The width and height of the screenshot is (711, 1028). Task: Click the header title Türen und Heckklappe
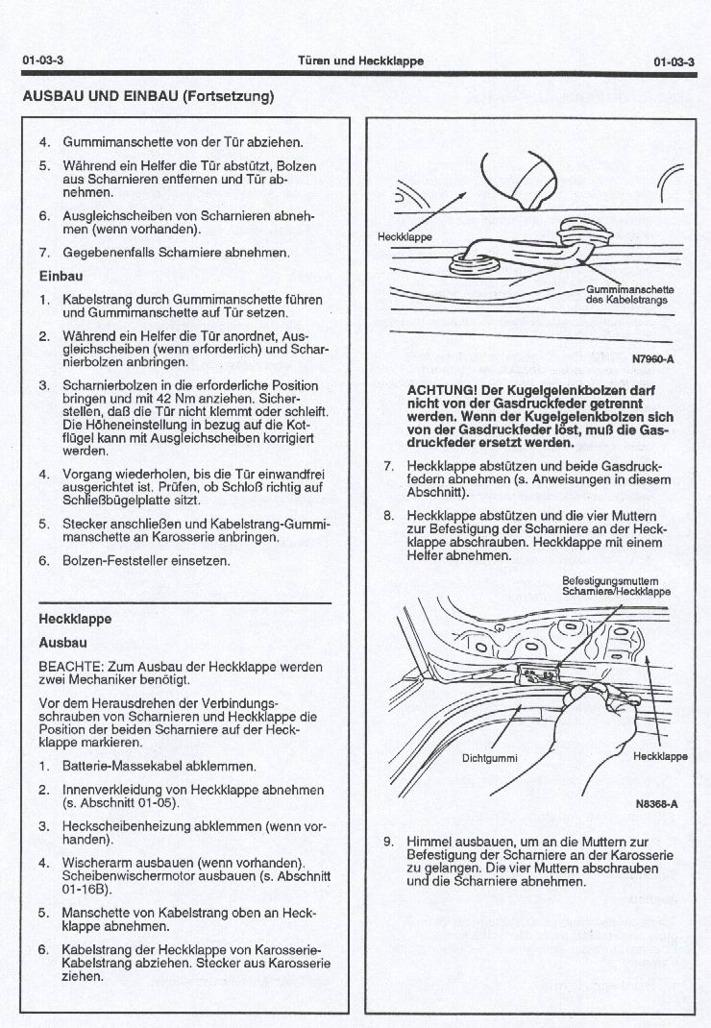360,61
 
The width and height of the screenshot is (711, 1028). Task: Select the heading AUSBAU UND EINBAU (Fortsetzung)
148,96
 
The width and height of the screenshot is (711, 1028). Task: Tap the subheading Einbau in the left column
60,277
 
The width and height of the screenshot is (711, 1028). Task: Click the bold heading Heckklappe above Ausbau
75,619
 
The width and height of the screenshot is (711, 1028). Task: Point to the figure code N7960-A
654,360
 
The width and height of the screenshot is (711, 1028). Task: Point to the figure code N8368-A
656,805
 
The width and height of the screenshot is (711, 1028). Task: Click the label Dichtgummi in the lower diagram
490,758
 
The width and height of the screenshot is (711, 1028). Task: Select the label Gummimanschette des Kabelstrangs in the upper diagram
629,294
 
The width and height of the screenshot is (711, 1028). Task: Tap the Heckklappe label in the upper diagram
405,235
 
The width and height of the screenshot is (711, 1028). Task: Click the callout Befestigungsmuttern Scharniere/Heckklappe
616,586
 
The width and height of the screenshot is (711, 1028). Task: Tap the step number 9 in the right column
389,842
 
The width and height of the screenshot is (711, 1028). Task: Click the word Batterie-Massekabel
118,767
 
